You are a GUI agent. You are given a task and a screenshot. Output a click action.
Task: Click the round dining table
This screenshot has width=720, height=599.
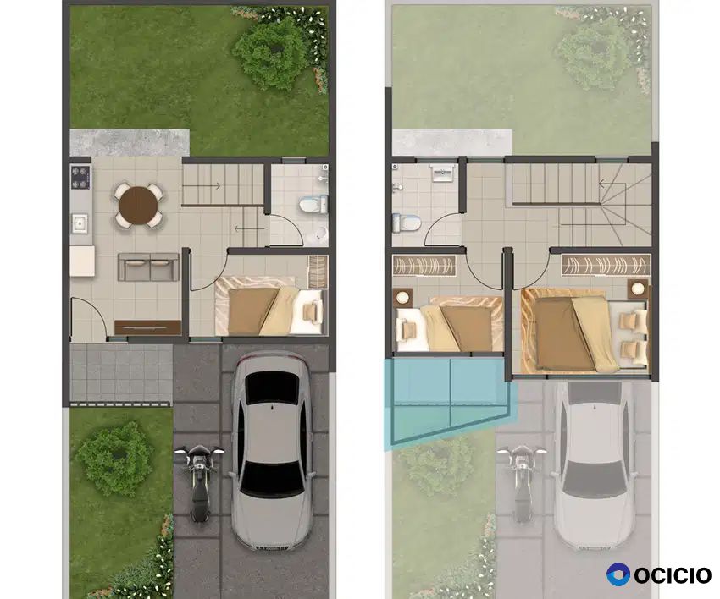pos(138,206)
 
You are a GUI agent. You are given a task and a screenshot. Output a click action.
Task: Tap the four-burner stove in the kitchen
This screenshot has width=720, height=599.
pos(80,178)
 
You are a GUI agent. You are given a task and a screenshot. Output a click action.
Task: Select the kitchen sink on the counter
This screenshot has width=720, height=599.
pos(80,224)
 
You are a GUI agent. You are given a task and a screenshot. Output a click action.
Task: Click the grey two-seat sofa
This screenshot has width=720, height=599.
pos(148,267)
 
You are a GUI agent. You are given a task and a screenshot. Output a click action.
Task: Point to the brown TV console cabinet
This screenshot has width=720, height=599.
pos(147,327)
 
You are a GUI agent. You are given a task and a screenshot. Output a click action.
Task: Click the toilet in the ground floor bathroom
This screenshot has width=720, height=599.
pos(313,204)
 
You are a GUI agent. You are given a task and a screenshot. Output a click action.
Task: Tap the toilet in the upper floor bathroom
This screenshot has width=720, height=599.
pos(407,223)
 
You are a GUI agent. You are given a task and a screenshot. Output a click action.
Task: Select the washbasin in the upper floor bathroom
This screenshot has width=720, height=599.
pos(443,173)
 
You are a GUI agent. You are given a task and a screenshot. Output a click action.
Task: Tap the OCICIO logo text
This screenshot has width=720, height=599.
pos(673,575)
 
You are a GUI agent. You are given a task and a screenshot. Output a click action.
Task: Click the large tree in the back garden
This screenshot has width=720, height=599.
pos(269,52)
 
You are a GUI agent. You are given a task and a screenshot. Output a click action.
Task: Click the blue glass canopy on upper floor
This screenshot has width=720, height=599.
pos(450,399)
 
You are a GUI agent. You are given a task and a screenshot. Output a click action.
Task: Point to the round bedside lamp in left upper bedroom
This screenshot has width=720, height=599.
pos(402,297)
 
